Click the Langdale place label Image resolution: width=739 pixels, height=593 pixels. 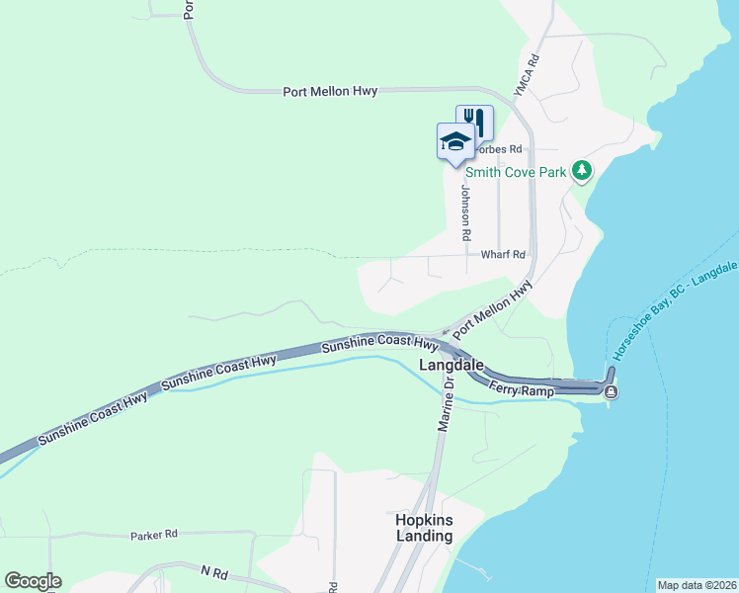coord(452,365)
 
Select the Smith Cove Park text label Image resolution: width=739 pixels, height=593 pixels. coord(516,172)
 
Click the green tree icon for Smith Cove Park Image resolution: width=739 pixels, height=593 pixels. coord(583,171)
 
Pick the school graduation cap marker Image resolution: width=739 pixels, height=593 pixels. coord(454,140)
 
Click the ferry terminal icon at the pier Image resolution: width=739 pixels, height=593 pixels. coord(612,392)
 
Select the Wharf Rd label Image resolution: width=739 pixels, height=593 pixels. coord(502,254)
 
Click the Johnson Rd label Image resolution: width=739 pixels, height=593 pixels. coord(463,214)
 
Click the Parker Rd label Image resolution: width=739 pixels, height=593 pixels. coord(153,535)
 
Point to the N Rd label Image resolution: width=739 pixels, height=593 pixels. coord(213,572)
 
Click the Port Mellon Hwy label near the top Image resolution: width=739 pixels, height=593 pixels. coord(330,92)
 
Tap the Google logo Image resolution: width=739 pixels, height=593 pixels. coord(33,581)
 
